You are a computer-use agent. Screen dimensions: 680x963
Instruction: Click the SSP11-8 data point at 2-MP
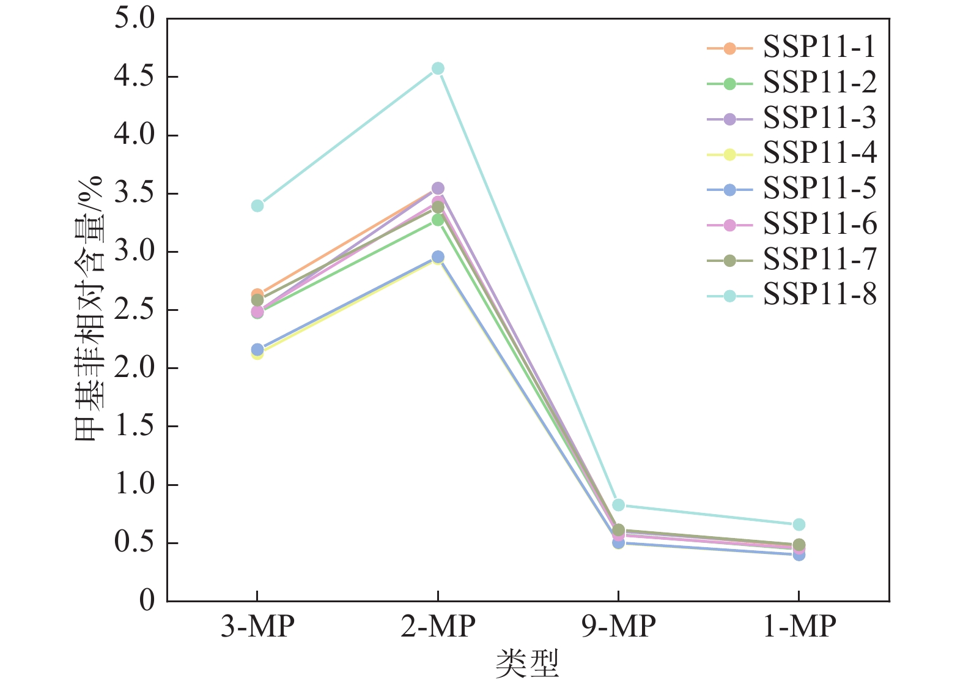click(438, 69)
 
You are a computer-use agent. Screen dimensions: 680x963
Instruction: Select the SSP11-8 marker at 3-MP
click(257, 206)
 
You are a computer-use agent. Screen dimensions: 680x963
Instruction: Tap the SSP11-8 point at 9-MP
click(618, 505)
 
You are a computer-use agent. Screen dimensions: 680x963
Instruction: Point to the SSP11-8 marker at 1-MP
click(799, 525)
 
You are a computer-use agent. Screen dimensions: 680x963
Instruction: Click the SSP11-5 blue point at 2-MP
click(438, 257)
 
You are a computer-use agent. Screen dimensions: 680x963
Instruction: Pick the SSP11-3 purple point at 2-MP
click(438, 188)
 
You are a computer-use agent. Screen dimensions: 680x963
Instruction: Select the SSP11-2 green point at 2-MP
click(438, 220)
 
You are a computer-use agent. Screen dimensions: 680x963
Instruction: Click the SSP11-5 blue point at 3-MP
click(257, 349)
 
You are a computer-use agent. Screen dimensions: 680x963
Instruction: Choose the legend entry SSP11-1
click(819, 48)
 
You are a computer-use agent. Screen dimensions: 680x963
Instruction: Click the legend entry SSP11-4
click(819, 154)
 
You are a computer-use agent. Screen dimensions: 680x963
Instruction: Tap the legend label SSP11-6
click(819, 225)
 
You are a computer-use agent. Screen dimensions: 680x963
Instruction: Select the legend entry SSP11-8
click(819, 296)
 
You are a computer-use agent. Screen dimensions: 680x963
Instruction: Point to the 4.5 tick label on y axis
click(135, 77)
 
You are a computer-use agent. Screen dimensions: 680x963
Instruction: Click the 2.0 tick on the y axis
click(135, 368)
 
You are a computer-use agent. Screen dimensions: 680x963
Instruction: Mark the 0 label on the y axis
click(147, 601)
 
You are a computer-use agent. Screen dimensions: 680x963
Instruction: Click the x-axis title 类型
click(527, 663)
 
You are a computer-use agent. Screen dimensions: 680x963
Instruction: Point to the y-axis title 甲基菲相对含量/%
click(89, 309)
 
